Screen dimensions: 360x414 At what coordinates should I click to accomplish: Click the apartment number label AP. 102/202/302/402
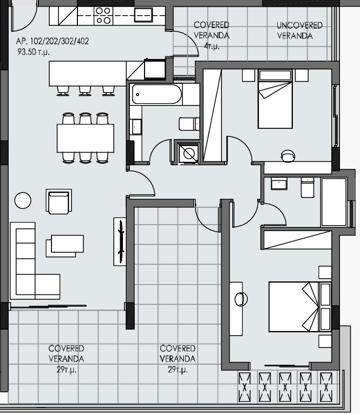(53, 41)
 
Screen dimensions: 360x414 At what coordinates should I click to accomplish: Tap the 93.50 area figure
(27, 52)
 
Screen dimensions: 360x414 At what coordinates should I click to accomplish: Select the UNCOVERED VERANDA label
(299, 30)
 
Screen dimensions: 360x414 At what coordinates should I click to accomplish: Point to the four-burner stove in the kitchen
(103, 16)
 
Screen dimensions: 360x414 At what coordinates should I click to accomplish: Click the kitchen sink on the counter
(143, 15)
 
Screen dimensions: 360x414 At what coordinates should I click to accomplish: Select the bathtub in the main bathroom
(157, 94)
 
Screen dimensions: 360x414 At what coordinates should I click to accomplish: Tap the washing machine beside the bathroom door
(188, 153)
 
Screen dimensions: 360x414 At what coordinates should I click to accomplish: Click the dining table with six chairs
(86, 138)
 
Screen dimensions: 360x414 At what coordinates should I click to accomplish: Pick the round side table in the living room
(23, 200)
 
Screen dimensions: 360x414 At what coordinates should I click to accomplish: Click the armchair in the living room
(58, 202)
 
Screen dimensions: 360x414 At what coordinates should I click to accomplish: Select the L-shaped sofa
(35, 261)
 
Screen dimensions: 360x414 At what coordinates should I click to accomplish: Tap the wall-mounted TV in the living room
(121, 241)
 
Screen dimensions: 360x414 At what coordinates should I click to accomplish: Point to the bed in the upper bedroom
(275, 99)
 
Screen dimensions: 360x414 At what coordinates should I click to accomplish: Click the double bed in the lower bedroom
(300, 307)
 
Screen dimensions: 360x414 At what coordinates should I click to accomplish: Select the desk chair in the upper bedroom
(288, 156)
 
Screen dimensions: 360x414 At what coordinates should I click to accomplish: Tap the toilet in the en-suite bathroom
(307, 187)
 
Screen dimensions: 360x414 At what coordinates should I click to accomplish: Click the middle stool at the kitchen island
(85, 90)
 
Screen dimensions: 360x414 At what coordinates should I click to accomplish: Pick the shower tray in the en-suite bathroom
(334, 202)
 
